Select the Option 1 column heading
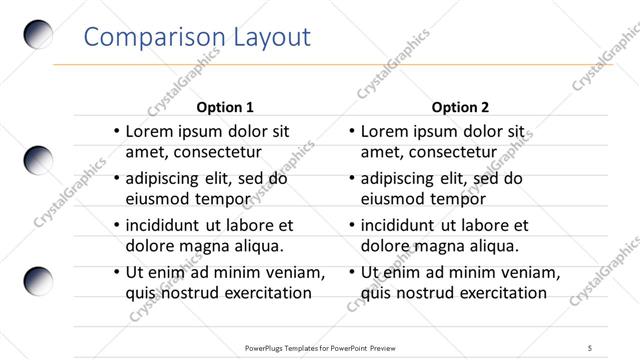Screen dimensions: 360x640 pyautogui.click(x=225, y=107)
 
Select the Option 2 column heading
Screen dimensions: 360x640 pyautogui.click(x=460, y=107)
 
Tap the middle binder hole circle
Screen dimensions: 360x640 pyautogui.click(x=37, y=160)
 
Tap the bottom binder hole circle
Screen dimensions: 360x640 pyautogui.click(x=37, y=281)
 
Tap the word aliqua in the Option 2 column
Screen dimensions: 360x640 pyautogui.click(x=489, y=246)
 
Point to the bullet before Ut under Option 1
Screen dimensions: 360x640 pyautogui.click(x=116, y=272)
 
